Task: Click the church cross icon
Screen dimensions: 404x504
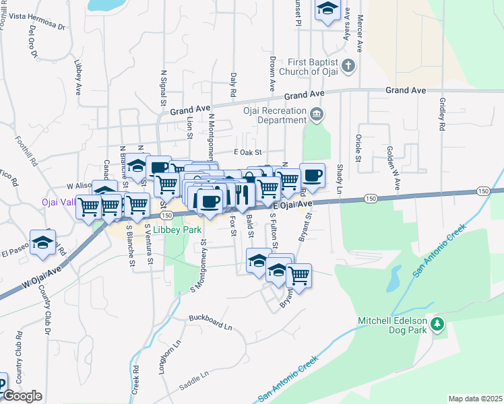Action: click(x=348, y=66)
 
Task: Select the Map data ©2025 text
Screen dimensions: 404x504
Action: click(x=475, y=399)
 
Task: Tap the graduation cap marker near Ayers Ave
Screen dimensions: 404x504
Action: click(x=327, y=9)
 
